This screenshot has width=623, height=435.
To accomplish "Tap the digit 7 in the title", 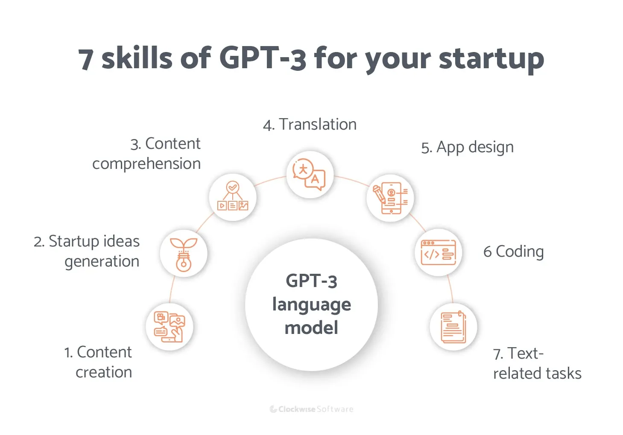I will click(x=85, y=59).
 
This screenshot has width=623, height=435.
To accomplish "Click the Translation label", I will click(x=310, y=125).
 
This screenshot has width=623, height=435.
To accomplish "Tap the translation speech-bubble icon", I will click(x=309, y=174).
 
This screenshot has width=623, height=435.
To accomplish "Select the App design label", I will click(x=467, y=148).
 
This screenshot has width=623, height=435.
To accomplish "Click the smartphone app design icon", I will click(x=390, y=198).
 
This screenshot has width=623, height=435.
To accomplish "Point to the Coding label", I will click(x=513, y=252).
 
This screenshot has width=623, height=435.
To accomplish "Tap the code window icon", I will click(x=438, y=252).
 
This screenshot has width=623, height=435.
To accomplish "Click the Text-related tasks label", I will click(x=537, y=363).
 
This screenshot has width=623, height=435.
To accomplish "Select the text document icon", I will click(x=453, y=327).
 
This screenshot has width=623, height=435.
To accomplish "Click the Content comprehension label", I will click(x=146, y=154).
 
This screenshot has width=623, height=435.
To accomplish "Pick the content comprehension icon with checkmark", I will click(x=233, y=197).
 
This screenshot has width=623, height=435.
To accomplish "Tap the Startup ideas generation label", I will click(x=87, y=251).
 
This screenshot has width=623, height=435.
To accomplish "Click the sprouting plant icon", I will click(x=184, y=254).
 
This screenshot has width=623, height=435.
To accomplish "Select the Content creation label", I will click(x=98, y=362).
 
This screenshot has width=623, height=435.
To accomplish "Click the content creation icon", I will click(x=169, y=327).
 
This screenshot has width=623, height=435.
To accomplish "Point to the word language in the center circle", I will click(x=311, y=304).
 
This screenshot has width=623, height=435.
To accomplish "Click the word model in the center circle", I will click(x=311, y=328).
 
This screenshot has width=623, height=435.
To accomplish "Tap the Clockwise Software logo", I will click(x=311, y=409).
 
